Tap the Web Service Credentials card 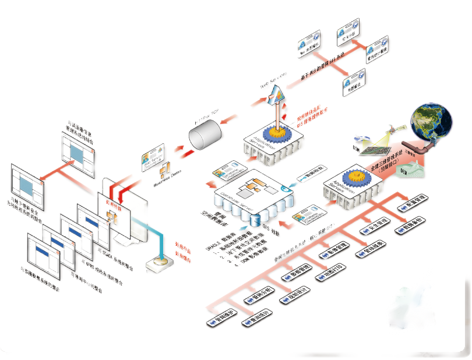(150, 158)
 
